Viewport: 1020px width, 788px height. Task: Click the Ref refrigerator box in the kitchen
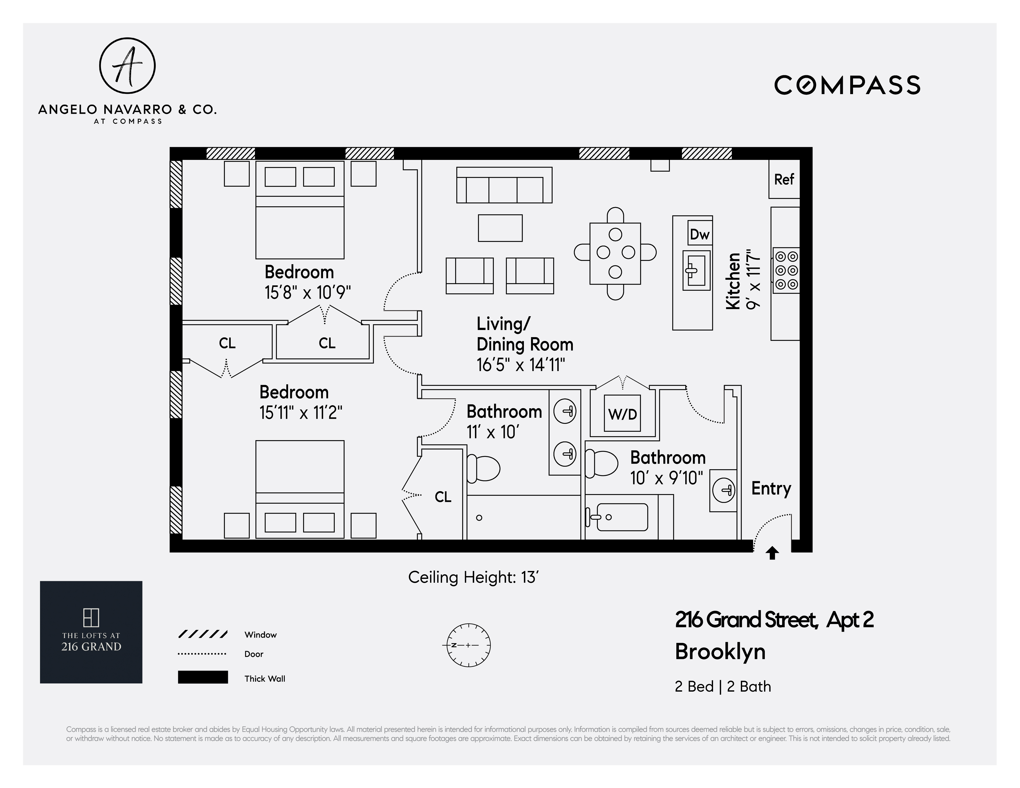coord(784,179)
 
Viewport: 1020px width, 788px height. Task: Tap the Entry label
coord(771,489)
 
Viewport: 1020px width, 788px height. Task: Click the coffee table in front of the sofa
coord(500,228)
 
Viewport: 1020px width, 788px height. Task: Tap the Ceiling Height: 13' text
coord(474,577)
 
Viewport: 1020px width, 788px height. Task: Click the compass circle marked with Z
coord(469,645)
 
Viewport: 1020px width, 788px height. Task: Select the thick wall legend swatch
coord(203,677)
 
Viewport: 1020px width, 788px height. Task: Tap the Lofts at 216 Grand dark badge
coord(91,632)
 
